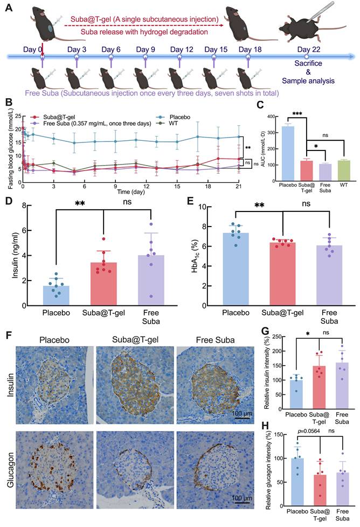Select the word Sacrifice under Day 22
tap(306, 63)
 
